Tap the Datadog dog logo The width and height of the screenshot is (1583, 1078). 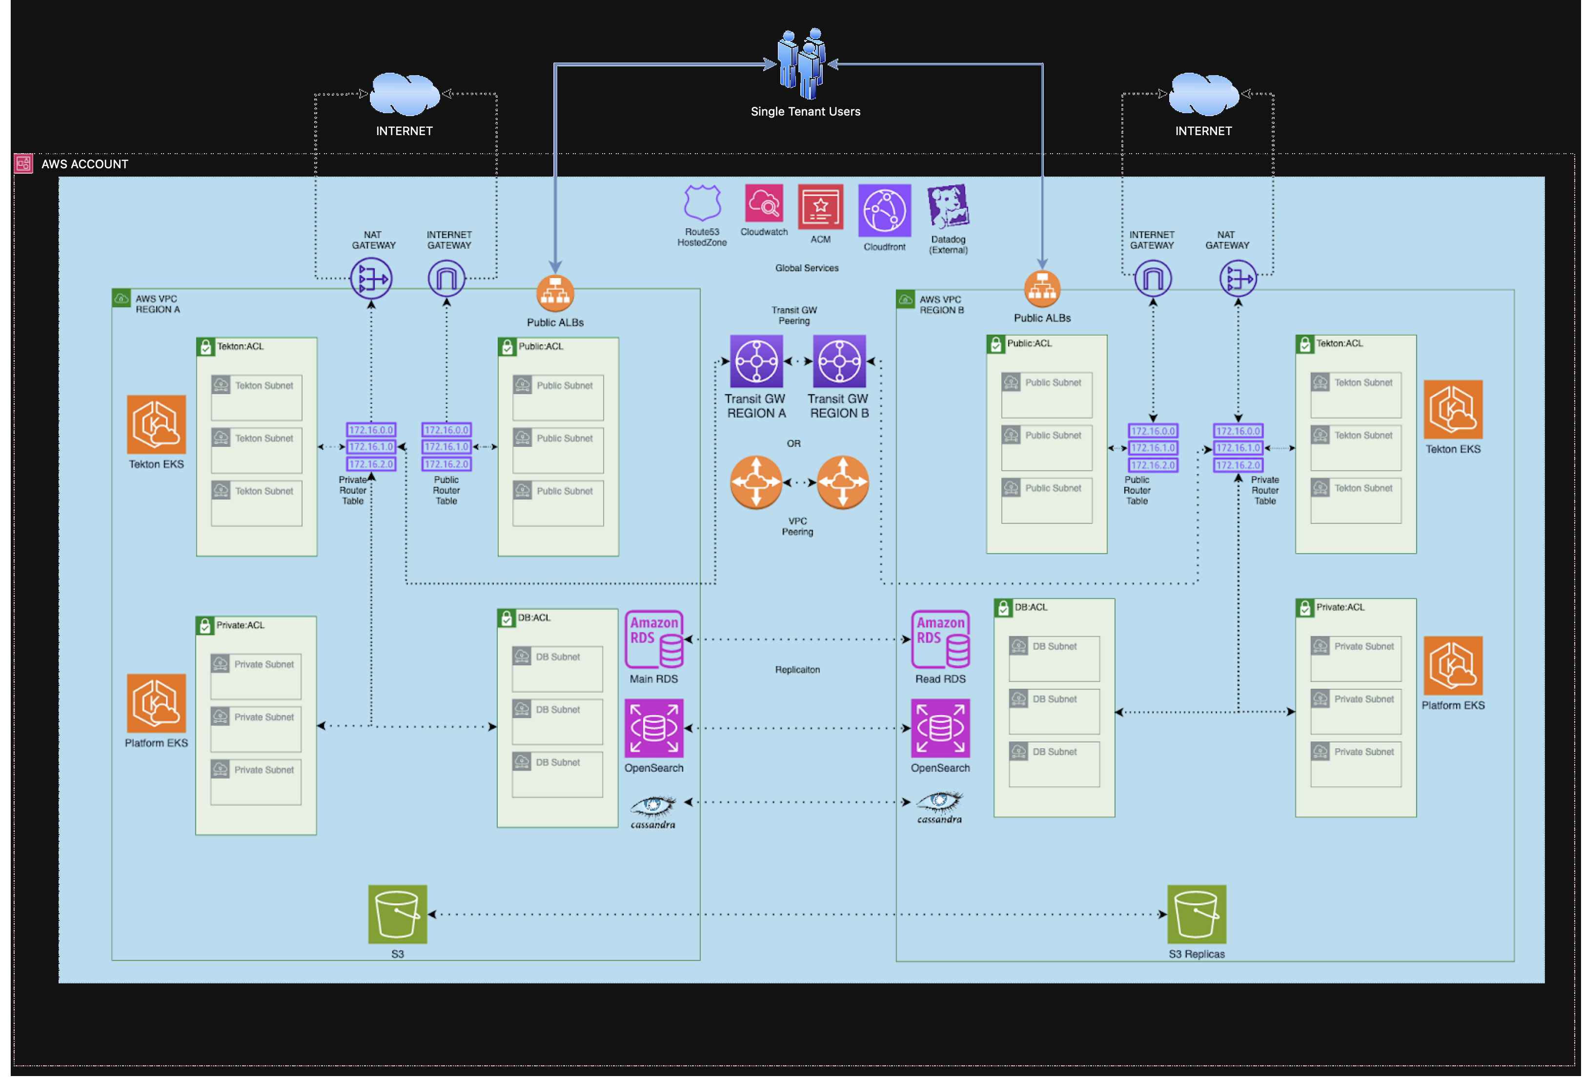click(x=948, y=206)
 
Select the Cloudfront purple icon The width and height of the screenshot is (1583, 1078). click(x=884, y=210)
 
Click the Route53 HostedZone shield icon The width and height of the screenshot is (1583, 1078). click(x=702, y=202)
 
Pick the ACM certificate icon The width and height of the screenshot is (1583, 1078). click(x=820, y=207)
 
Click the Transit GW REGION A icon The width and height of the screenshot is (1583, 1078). click(x=755, y=361)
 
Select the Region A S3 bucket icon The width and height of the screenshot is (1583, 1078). click(x=397, y=914)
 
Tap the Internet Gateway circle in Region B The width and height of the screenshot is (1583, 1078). click(x=1153, y=279)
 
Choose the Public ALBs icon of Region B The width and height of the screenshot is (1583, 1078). click(x=1042, y=289)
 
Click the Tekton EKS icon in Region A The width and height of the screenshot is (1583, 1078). click(x=156, y=424)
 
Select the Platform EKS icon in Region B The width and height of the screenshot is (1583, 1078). click(x=1452, y=665)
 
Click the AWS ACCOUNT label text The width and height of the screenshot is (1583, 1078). click(x=84, y=164)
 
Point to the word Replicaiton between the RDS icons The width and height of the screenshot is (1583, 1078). click(x=797, y=669)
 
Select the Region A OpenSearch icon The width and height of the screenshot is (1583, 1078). click(x=654, y=728)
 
